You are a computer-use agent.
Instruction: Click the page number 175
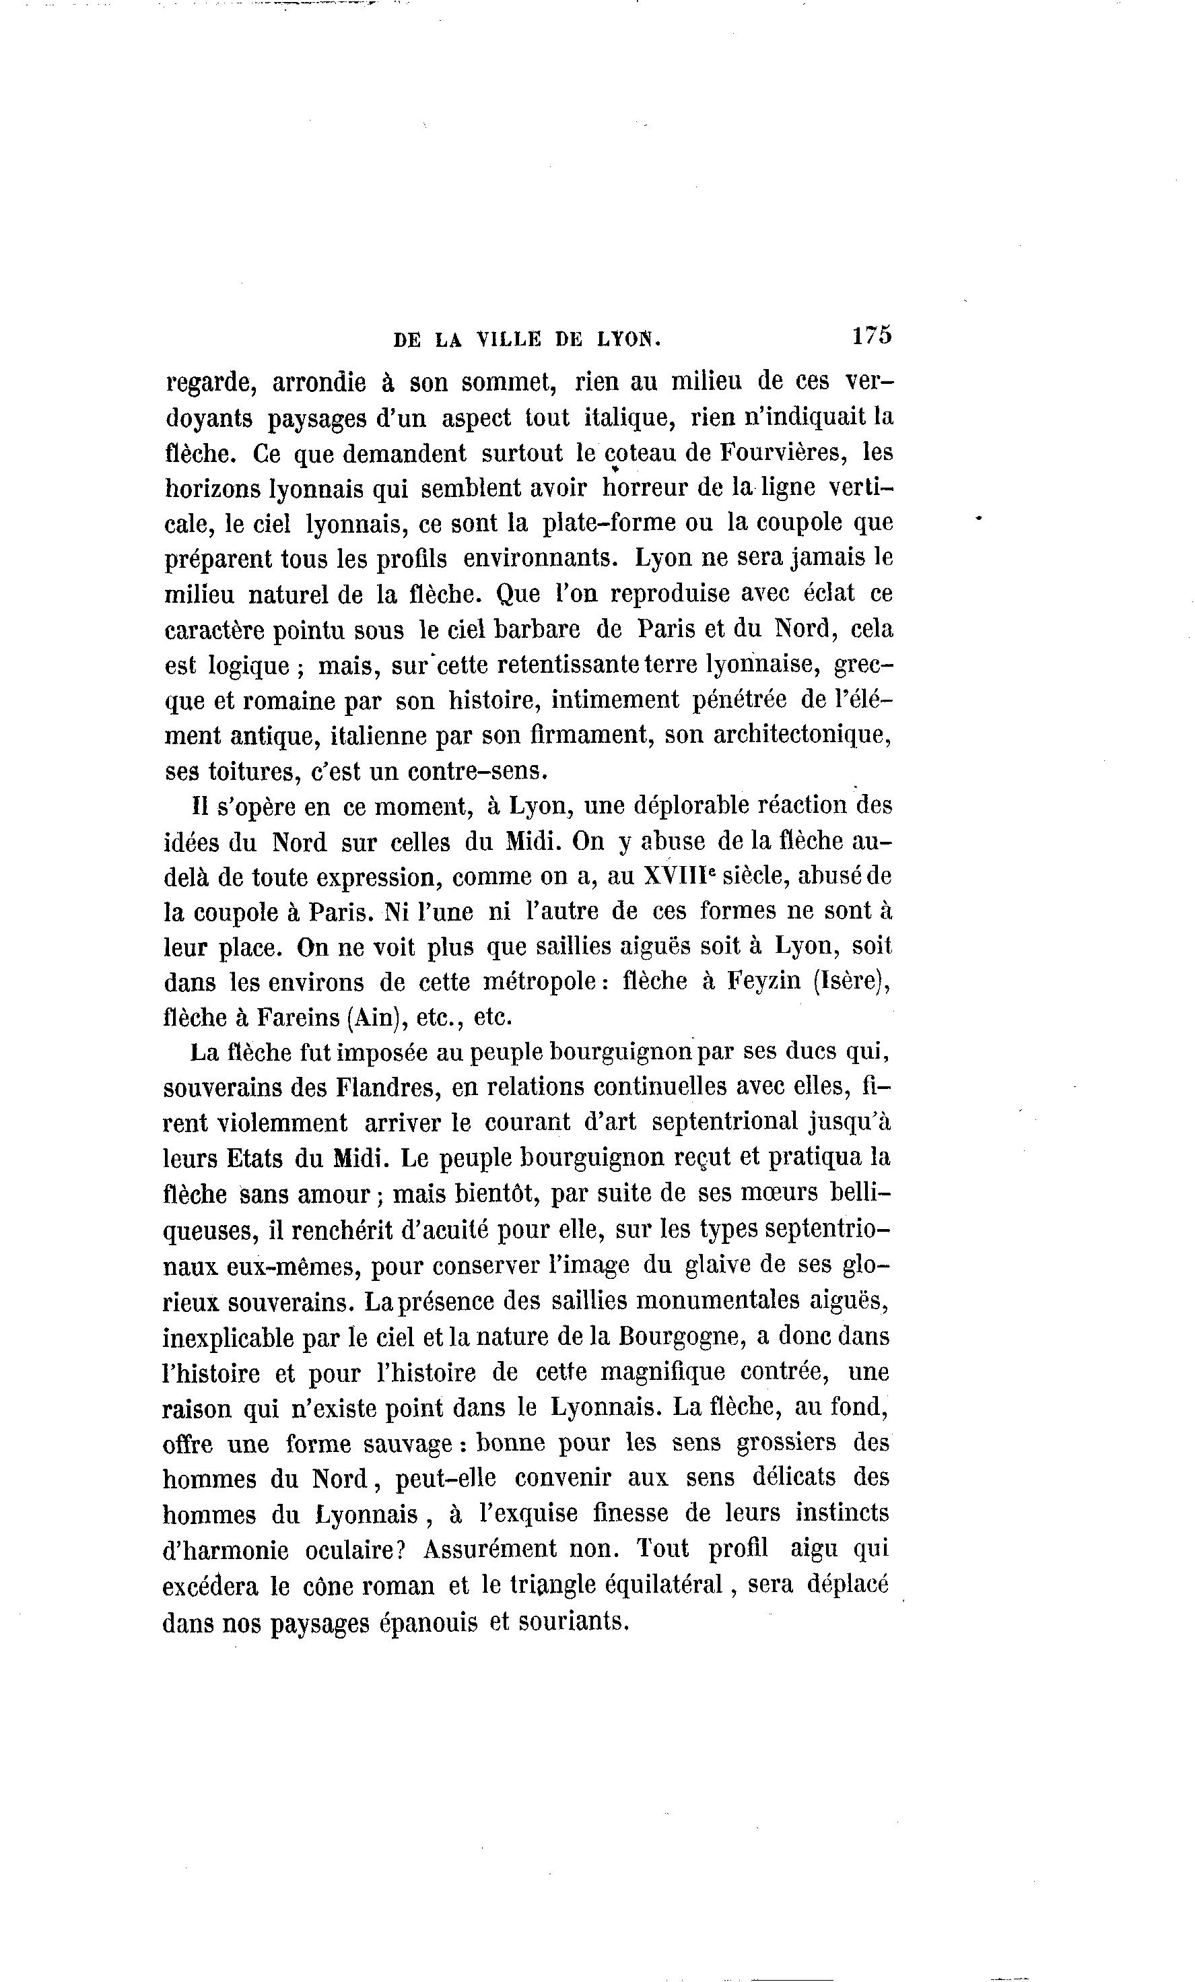click(x=872, y=335)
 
